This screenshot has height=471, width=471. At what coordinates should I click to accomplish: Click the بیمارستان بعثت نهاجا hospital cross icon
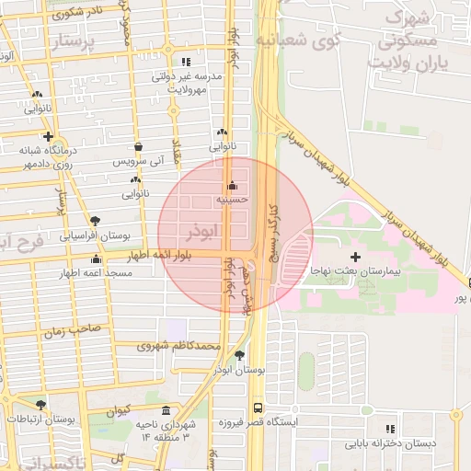click(355, 254)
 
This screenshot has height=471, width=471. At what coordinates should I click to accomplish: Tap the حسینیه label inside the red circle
click(231, 198)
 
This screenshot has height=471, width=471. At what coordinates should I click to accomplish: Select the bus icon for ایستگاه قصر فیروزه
click(258, 406)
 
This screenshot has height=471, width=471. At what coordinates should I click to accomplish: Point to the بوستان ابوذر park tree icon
click(240, 355)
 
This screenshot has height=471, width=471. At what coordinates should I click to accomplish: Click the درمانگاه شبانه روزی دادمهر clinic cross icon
click(35, 136)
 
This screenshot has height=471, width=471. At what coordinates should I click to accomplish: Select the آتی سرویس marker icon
click(138, 146)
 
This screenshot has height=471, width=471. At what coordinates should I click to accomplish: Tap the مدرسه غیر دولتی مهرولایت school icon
click(187, 62)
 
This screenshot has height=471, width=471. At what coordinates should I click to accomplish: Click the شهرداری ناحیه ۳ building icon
click(166, 410)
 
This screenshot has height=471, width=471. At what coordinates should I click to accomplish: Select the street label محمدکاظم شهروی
click(180, 346)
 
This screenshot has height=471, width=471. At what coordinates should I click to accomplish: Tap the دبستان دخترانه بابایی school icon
click(391, 429)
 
